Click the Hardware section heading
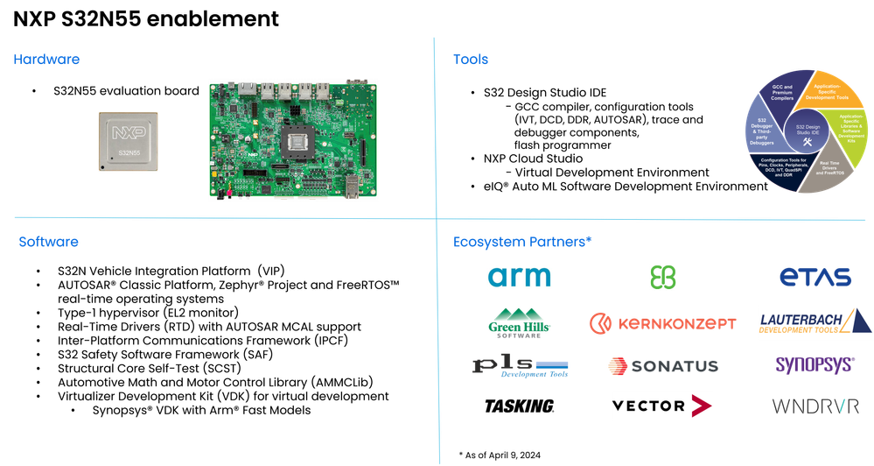tap(46, 60)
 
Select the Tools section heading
tap(470, 60)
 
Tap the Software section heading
tap(49, 242)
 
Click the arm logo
tap(520, 278)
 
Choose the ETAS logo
tap(815, 278)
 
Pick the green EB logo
tap(663, 278)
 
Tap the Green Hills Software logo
tap(520, 321)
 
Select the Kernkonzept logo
tap(662, 323)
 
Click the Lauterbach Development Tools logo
tap(814, 322)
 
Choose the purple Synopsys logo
tap(814, 364)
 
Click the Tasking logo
tap(520, 406)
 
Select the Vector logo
tap(662, 406)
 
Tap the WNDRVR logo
tap(814, 406)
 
